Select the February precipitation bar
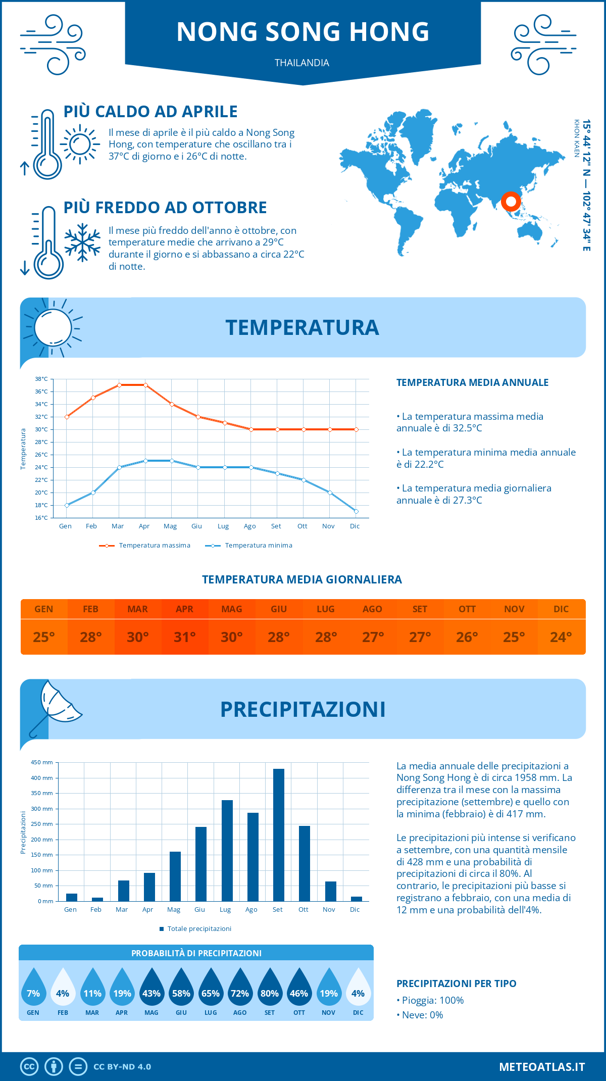pyautogui.click(x=97, y=899)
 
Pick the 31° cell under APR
pyautogui.click(x=185, y=637)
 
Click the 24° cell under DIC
pyautogui.click(x=561, y=637)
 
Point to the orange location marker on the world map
pyautogui.click(x=511, y=202)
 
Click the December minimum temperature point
pyautogui.click(x=356, y=512)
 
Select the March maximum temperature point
pyautogui.click(x=119, y=385)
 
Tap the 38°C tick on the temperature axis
pyautogui.click(x=41, y=379)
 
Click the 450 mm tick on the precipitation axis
pyautogui.click(x=42, y=762)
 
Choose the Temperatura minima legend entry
pyautogui.click(x=249, y=546)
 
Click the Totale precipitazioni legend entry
pyautogui.click(x=195, y=928)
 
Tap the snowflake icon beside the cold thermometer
pyautogui.click(x=82, y=242)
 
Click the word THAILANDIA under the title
pyautogui.click(x=302, y=63)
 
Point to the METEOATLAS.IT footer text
pyautogui.click(x=542, y=1066)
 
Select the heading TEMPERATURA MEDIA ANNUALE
pyautogui.click(x=472, y=382)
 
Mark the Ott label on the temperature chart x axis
pyautogui.click(x=302, y=526)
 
